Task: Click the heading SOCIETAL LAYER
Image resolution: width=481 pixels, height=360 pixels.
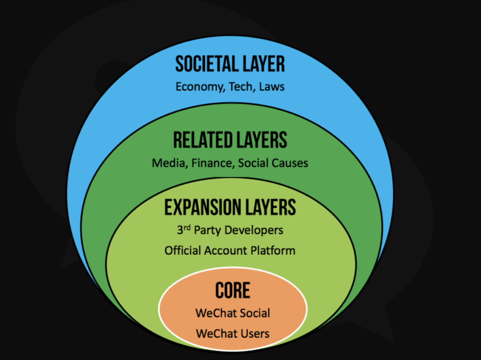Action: [x=230, y=64]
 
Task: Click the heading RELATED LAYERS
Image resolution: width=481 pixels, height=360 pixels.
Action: [x=230, y=140]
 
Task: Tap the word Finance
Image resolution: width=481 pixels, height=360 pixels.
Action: [x=213, y=163]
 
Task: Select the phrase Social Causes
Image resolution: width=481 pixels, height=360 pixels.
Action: [x=273, y=163]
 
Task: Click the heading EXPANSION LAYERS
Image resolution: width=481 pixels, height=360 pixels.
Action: [x=230, y=207]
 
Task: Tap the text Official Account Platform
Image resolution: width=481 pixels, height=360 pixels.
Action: [x=230, y=250]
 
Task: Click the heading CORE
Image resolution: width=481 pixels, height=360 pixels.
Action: [x=233, y=291]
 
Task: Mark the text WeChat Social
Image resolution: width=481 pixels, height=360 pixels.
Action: [x=233, y=313]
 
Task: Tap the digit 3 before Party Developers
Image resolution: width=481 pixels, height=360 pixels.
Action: [x=180, y=231]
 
